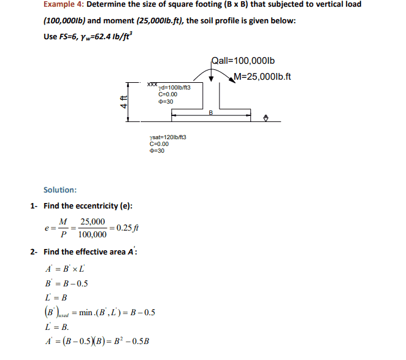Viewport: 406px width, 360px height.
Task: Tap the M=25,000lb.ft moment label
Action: (262, 77)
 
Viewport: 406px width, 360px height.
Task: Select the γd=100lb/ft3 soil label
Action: (174, 87)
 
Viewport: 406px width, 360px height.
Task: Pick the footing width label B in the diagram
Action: (211, 112)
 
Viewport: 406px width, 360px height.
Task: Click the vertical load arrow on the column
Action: (211, 75)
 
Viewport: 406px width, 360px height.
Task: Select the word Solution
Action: (60, 190)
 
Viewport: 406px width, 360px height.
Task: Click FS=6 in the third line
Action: (69, 36)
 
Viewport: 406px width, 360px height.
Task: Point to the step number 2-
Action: (34, 251)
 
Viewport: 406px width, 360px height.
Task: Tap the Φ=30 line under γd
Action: (165, 101)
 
